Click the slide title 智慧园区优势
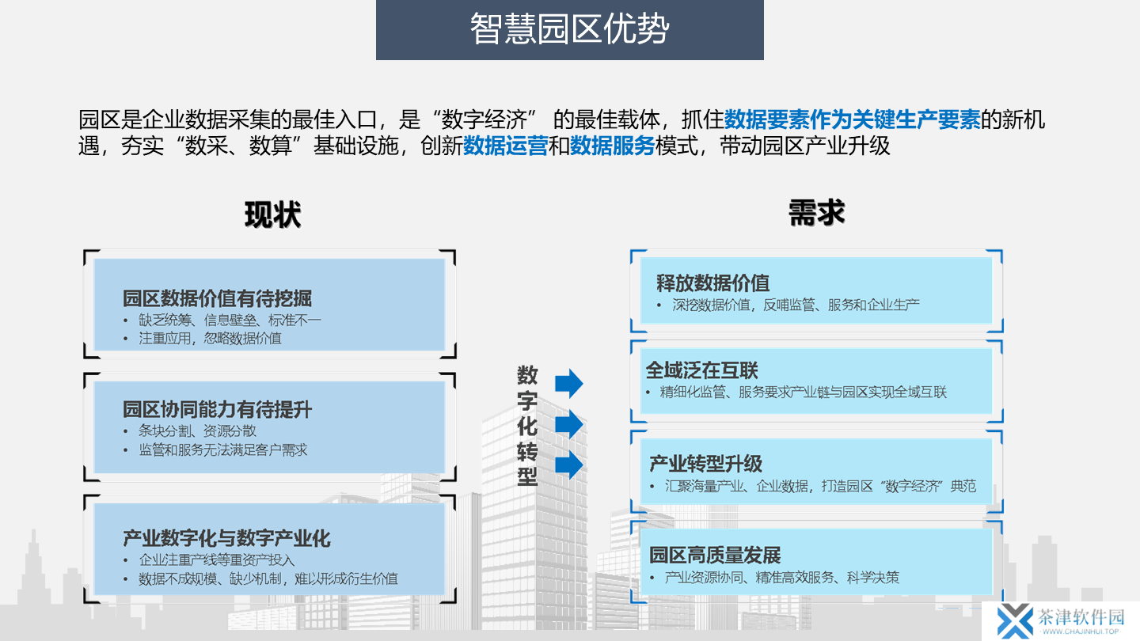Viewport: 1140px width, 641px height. point(569,28)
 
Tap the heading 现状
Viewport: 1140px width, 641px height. point(273,214)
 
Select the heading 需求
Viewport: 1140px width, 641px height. point(817,213)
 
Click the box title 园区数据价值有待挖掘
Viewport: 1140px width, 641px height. point(217,298)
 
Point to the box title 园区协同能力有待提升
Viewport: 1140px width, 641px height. point(217,410)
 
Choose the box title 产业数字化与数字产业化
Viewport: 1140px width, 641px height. point(226,538)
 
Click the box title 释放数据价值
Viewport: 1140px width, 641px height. point(712,283)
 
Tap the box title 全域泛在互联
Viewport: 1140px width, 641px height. point(701,370)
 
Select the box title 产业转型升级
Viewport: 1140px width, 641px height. point(706,464)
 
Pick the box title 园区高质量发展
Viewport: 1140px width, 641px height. point(715,555)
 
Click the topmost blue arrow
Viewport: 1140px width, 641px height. point(569,383)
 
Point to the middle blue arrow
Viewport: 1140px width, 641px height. point(569,424)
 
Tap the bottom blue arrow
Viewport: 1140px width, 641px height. point(569,465)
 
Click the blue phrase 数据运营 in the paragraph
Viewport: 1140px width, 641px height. point(505,146)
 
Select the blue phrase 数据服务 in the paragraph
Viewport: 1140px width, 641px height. point(612,146)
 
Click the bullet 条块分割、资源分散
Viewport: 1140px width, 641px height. point(197,430)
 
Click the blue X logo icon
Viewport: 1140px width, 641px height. point(1015,621)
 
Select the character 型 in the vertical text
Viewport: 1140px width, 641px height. point(527,476)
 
